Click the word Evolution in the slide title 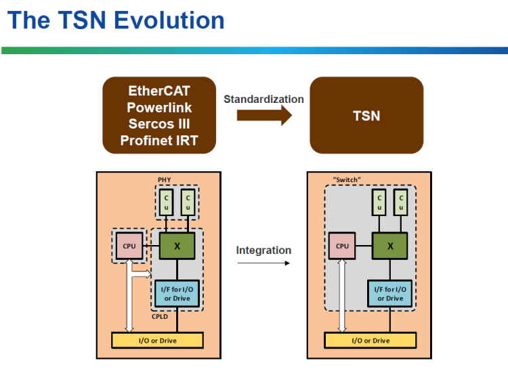pyautogui.click(x=169, y=20)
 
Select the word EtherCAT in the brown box pyautogui.click(x=160, y=91)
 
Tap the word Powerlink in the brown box pyautogui.click(x=160, y=107)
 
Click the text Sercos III pyautogui.click(x=160, y=124)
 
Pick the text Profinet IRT pyautogui.click(x=160, y=140)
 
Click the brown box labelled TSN pyautogui.click(x=366, y=115)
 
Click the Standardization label pyautogui.click(x=263, y=99)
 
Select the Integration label pyautogui.click(x=263, y=250)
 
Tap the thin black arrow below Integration pyautogui.click(x=263, y=263)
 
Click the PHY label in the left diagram pyautogui.click(x=164, y=179)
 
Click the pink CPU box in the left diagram pyautogui.click(x=129, y=246)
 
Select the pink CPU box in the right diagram pyautogui.click(x=342, y=246)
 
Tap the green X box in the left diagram pyautogui.click(x=177, y=246)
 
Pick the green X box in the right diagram pyautogui.click(x=389, y=246)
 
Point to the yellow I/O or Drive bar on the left pyautogui.click(x=157, y=341)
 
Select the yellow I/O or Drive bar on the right pyautogui.click(x=371, y=341)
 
